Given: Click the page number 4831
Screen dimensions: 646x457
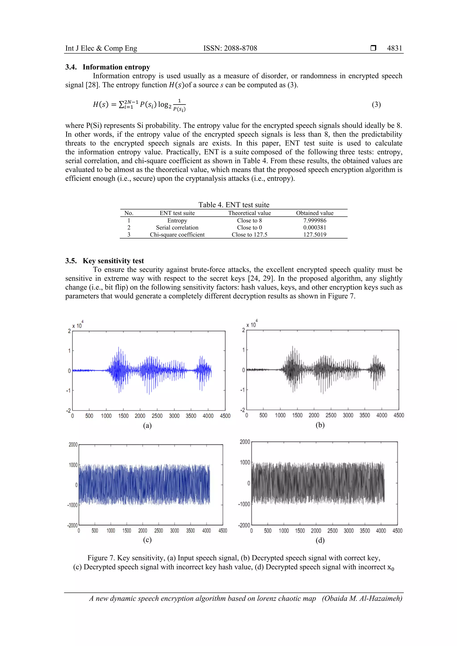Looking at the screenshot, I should [x=394, y=48].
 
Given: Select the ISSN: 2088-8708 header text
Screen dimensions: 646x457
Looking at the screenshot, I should [x=230, y=48].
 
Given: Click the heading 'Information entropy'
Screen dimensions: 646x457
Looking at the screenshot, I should [x=116, y=67].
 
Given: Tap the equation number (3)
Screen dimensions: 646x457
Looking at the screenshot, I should [x=376, y=105].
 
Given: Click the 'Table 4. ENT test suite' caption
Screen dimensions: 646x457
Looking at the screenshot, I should [x=234, y=205].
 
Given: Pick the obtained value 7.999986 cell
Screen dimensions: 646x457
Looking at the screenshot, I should [x=315, y=221].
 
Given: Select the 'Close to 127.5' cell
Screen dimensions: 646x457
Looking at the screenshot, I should [x=249, y=235].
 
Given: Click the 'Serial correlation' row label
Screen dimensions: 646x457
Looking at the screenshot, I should [x=177, y=228].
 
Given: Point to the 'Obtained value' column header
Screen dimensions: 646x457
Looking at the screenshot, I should [x=315, y=213].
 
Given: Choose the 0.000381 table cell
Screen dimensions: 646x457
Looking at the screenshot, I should [x=315, y=228].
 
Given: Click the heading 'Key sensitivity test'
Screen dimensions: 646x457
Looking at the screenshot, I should [x=113, y=261].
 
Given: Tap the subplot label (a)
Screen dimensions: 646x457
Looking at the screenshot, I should [x=147, y=425].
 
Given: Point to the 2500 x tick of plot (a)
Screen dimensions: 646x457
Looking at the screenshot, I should [x=157, y=416].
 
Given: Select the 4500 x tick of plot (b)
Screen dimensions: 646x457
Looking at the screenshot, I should [x=399, y=415].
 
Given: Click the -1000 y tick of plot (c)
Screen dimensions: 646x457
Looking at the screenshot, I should [x=72, y=505].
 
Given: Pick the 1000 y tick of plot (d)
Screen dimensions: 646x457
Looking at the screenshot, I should [x=245, y=462].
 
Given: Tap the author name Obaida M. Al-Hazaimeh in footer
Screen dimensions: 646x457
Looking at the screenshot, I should [x=362, y=598].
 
